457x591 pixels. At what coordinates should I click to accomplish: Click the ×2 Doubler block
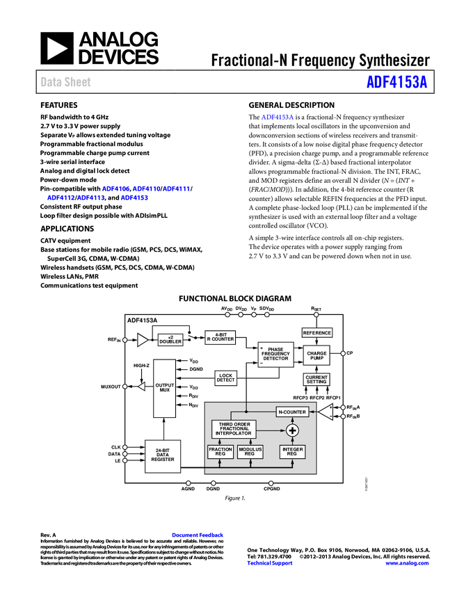pyautogui.click(x=170, y=340)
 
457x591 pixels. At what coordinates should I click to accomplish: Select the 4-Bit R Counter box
pyautogui.click(x=220, y=337)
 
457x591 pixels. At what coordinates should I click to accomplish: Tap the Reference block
pyautogui.click(x=316, y=333)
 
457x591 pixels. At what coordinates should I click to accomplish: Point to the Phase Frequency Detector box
pyautogui.click(x=276, y=354)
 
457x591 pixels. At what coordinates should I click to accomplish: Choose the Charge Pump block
pyautogui.click(x=316, y=355)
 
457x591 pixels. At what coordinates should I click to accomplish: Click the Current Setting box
pyautogui.click(x=316, y=379)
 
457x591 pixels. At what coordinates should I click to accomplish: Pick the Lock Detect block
pyautogui.click(x=225, y=378)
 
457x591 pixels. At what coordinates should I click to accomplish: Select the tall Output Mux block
pyautogui.click(x=164, y=388)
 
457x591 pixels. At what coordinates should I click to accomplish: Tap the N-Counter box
pyautogui.click(x=292, y=412)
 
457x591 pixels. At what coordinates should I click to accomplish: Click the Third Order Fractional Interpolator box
pyautogui.click(x=233, y=429)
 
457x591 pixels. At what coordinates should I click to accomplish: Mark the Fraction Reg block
pyautogui.click(x=221, y=451)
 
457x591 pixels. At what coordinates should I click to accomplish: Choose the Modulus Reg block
pyautogui.click(x=250, y=451)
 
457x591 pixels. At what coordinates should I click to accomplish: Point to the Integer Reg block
pyautogui.click(x=292, y=451)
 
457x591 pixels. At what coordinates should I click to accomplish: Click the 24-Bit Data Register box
pyautogui.click(x=163, y=455)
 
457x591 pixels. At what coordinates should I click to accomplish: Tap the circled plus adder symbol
pyautogui.click(x=292, y=431)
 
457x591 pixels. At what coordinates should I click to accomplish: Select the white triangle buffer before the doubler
pyautogui.click(x=143, y=340)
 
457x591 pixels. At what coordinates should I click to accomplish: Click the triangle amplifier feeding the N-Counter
pyautogui.click(x=325, y=412)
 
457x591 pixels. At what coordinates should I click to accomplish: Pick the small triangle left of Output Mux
pyautogui.click(x=141, y=387)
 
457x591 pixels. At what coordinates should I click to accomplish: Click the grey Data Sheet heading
pyautogui.click(x=66, y=82)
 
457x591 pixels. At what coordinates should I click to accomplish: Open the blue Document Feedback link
pyautogui.click(x=198, y=535)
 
